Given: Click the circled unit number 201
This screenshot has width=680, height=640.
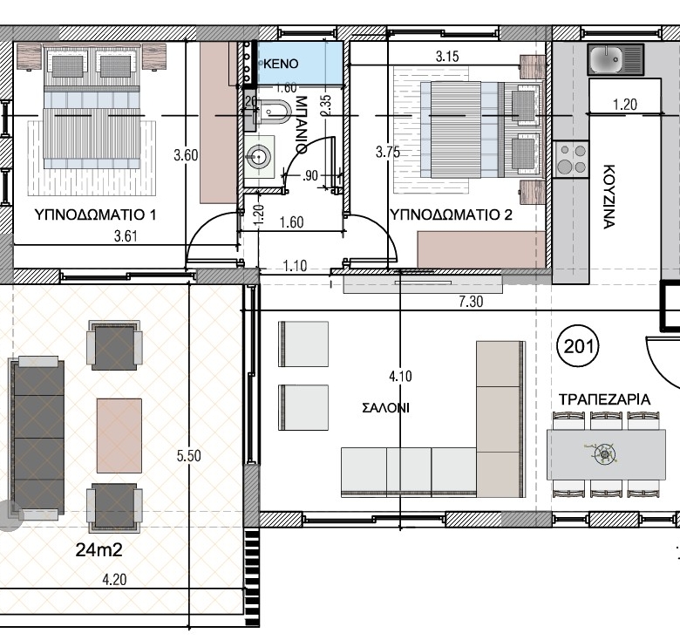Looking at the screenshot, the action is tap(578, 346).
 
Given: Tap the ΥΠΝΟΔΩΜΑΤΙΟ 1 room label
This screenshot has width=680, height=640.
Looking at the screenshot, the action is tap(95, 214).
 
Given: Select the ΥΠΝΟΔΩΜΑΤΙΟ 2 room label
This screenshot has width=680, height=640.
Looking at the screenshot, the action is tap(451, 214).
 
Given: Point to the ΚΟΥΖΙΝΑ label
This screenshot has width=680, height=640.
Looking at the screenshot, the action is tap(609, 196).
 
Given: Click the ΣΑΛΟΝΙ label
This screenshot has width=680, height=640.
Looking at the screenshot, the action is tap(385, 407).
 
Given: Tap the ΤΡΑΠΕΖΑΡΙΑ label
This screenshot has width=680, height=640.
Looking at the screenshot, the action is tap(604, 399).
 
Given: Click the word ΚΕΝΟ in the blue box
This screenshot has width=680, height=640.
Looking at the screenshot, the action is tap(281, 64).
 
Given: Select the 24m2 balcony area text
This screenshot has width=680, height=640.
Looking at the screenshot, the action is tap(99, 550).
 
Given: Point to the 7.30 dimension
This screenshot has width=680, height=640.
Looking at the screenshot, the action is tap(471, 302).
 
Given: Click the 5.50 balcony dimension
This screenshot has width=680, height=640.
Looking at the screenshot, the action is tap(188, 456).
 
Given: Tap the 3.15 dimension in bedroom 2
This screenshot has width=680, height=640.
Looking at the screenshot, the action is tap(447, 57).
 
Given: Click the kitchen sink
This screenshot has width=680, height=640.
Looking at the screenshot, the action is tap(615, 59).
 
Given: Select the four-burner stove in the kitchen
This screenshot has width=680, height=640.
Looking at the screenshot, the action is tap(571, 160).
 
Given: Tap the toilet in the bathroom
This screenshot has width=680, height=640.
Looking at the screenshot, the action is tap(271, 112).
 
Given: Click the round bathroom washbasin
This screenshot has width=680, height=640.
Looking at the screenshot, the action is tap(259, 156).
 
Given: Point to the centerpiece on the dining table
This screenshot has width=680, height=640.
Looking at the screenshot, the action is tap(604, 453).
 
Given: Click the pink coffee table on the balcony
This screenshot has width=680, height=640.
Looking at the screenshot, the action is tap(119, 436).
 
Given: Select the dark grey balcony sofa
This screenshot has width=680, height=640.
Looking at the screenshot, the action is tap(37, 438).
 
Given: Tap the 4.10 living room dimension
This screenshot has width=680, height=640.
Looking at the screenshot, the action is tap(400, 376).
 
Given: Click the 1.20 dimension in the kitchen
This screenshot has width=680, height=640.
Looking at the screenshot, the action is tap(625, 104).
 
